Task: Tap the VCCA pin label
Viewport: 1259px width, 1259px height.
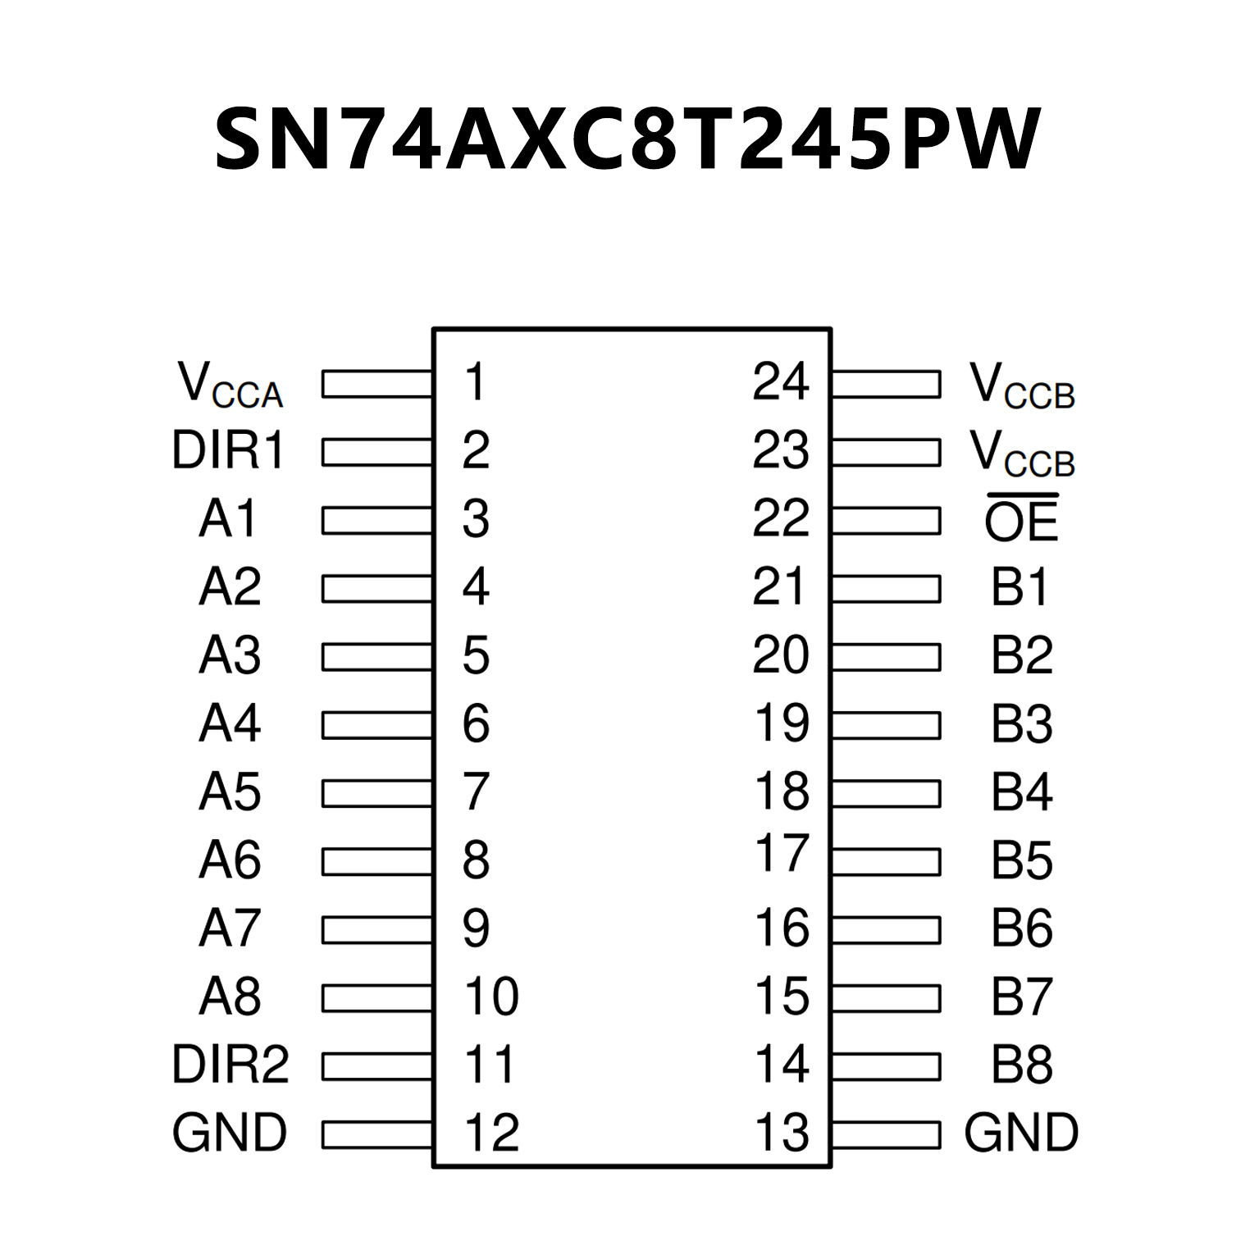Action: [x=230, y=385]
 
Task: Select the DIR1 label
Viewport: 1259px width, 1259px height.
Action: [x=228, y=451]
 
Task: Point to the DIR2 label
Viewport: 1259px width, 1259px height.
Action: [x=230, y=1065]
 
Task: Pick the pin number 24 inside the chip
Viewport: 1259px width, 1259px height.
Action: [x=780, y=381]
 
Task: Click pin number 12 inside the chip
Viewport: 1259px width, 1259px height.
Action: [x=491, y=1133]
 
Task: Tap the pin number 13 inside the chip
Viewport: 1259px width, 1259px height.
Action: [x=782, y=1133]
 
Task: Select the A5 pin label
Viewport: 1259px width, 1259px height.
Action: [x=230, y=792]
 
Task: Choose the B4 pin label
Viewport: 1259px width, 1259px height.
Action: [x=1021, y=792]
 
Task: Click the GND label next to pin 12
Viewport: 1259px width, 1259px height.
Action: [x=230, y=1133]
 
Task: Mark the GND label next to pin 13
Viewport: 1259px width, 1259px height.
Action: [x=1021, y=1133]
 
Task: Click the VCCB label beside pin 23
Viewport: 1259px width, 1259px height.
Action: [x=1021, y=453]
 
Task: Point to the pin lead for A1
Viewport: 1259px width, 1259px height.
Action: [x=377, y=521]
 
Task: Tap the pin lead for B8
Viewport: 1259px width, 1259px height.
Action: [x=886, y=1066]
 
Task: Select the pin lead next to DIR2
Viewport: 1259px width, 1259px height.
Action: [x=377, y=1066]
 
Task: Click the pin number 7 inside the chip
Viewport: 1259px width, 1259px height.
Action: [x=476, y=792]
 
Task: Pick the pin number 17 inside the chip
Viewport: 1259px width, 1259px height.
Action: [x=782, y=854]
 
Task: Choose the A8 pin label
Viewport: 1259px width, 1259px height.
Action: [x=230, y=997]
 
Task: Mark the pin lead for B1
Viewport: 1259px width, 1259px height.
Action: [x=886, y=589]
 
